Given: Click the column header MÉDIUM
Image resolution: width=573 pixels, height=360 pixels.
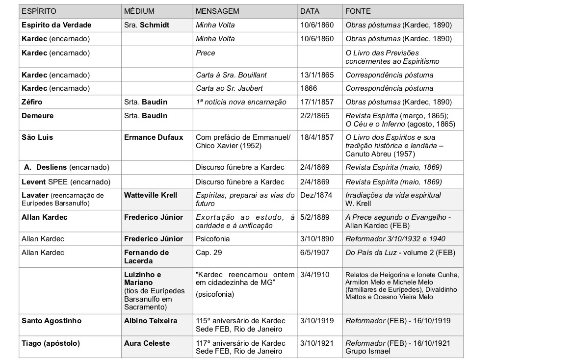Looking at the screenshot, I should [139, 11].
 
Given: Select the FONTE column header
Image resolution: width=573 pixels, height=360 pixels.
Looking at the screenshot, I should [358, 11].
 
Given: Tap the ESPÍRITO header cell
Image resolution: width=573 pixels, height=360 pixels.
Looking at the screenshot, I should [39, 11].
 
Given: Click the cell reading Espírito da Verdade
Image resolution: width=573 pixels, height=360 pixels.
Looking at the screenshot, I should [56, 25].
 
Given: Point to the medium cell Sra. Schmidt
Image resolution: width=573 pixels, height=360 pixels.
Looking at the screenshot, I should [147, 25].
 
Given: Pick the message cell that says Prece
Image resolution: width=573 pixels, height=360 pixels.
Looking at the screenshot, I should [206, 52].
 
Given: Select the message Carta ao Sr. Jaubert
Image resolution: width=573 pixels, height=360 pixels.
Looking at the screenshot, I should [229, 88].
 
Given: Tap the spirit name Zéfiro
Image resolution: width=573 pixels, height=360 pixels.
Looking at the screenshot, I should [32, 102].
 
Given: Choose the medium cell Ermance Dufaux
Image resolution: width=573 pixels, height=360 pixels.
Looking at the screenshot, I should [154, 137].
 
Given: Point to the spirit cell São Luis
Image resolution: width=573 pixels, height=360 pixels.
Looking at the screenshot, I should [37, 137].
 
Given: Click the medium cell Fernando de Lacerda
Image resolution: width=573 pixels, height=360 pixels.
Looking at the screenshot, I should [146, 257].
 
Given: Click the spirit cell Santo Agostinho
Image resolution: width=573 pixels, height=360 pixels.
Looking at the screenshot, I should [52, 321].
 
